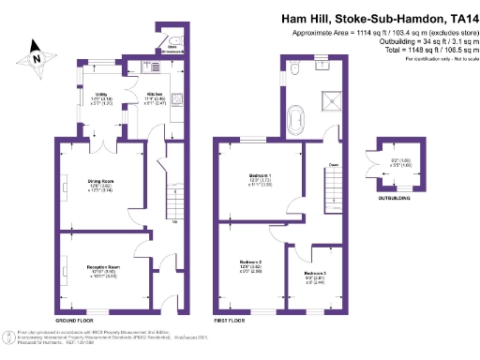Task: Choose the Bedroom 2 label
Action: click(x=248, y=265)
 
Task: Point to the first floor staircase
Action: click(x=334, y=187)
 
